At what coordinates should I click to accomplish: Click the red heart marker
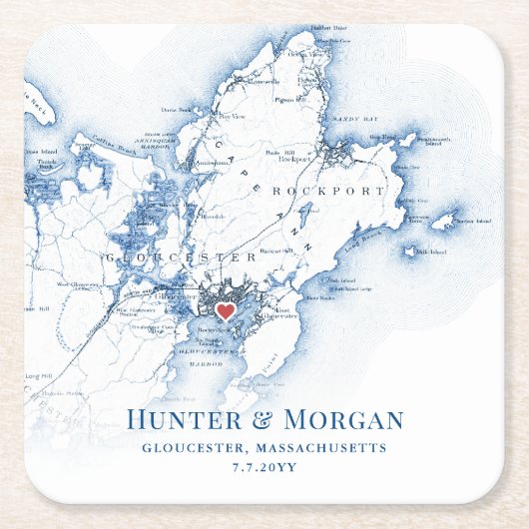tap(227, 311)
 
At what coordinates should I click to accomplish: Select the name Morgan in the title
tap(344, 420)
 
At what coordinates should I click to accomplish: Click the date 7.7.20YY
tap(264, 468)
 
